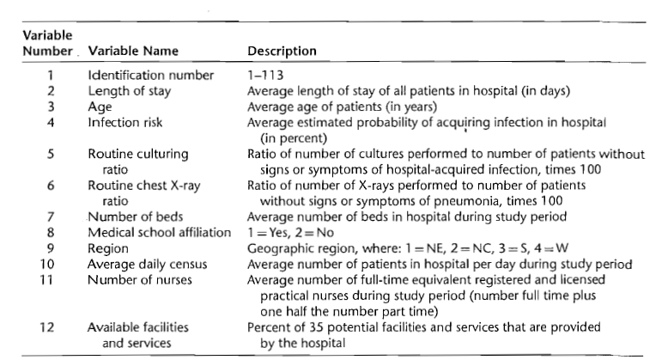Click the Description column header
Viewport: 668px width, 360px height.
coord(282,51)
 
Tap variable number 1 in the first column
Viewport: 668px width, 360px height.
coord(51,75)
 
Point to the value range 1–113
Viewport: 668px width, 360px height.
coord(263,75)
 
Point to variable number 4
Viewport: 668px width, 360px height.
coord(51,122)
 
